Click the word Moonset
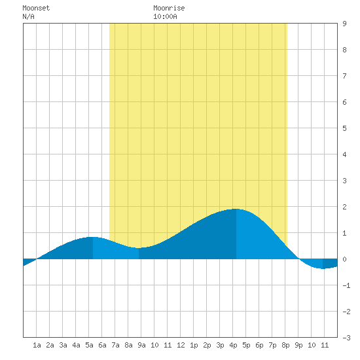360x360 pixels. click(36, 8)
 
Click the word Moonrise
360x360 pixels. click(169, 8)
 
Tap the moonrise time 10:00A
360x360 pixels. click(165, 16)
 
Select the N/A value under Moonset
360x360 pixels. click(28, 16)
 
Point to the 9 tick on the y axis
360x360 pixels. click(344, 24)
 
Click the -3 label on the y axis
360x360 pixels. click(346, 338)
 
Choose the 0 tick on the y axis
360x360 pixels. click(344, 259)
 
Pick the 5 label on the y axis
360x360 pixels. click(344, 128)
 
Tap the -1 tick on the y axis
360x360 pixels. click(346, 285)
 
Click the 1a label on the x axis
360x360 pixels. click(37, 345)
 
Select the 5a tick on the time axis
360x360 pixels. click(89, 345)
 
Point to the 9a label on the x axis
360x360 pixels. click(141, 345)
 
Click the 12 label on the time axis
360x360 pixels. click(181, 345)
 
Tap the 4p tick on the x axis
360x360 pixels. click(233, 345)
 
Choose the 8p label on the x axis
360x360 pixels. click(285, 345)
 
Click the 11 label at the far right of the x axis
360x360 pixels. click(325, 345)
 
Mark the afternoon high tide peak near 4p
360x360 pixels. click(236, 209)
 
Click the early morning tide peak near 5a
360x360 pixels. click(93, 237)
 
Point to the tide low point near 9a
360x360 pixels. click(139, 247)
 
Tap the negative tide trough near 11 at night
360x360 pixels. click(323, 268)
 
